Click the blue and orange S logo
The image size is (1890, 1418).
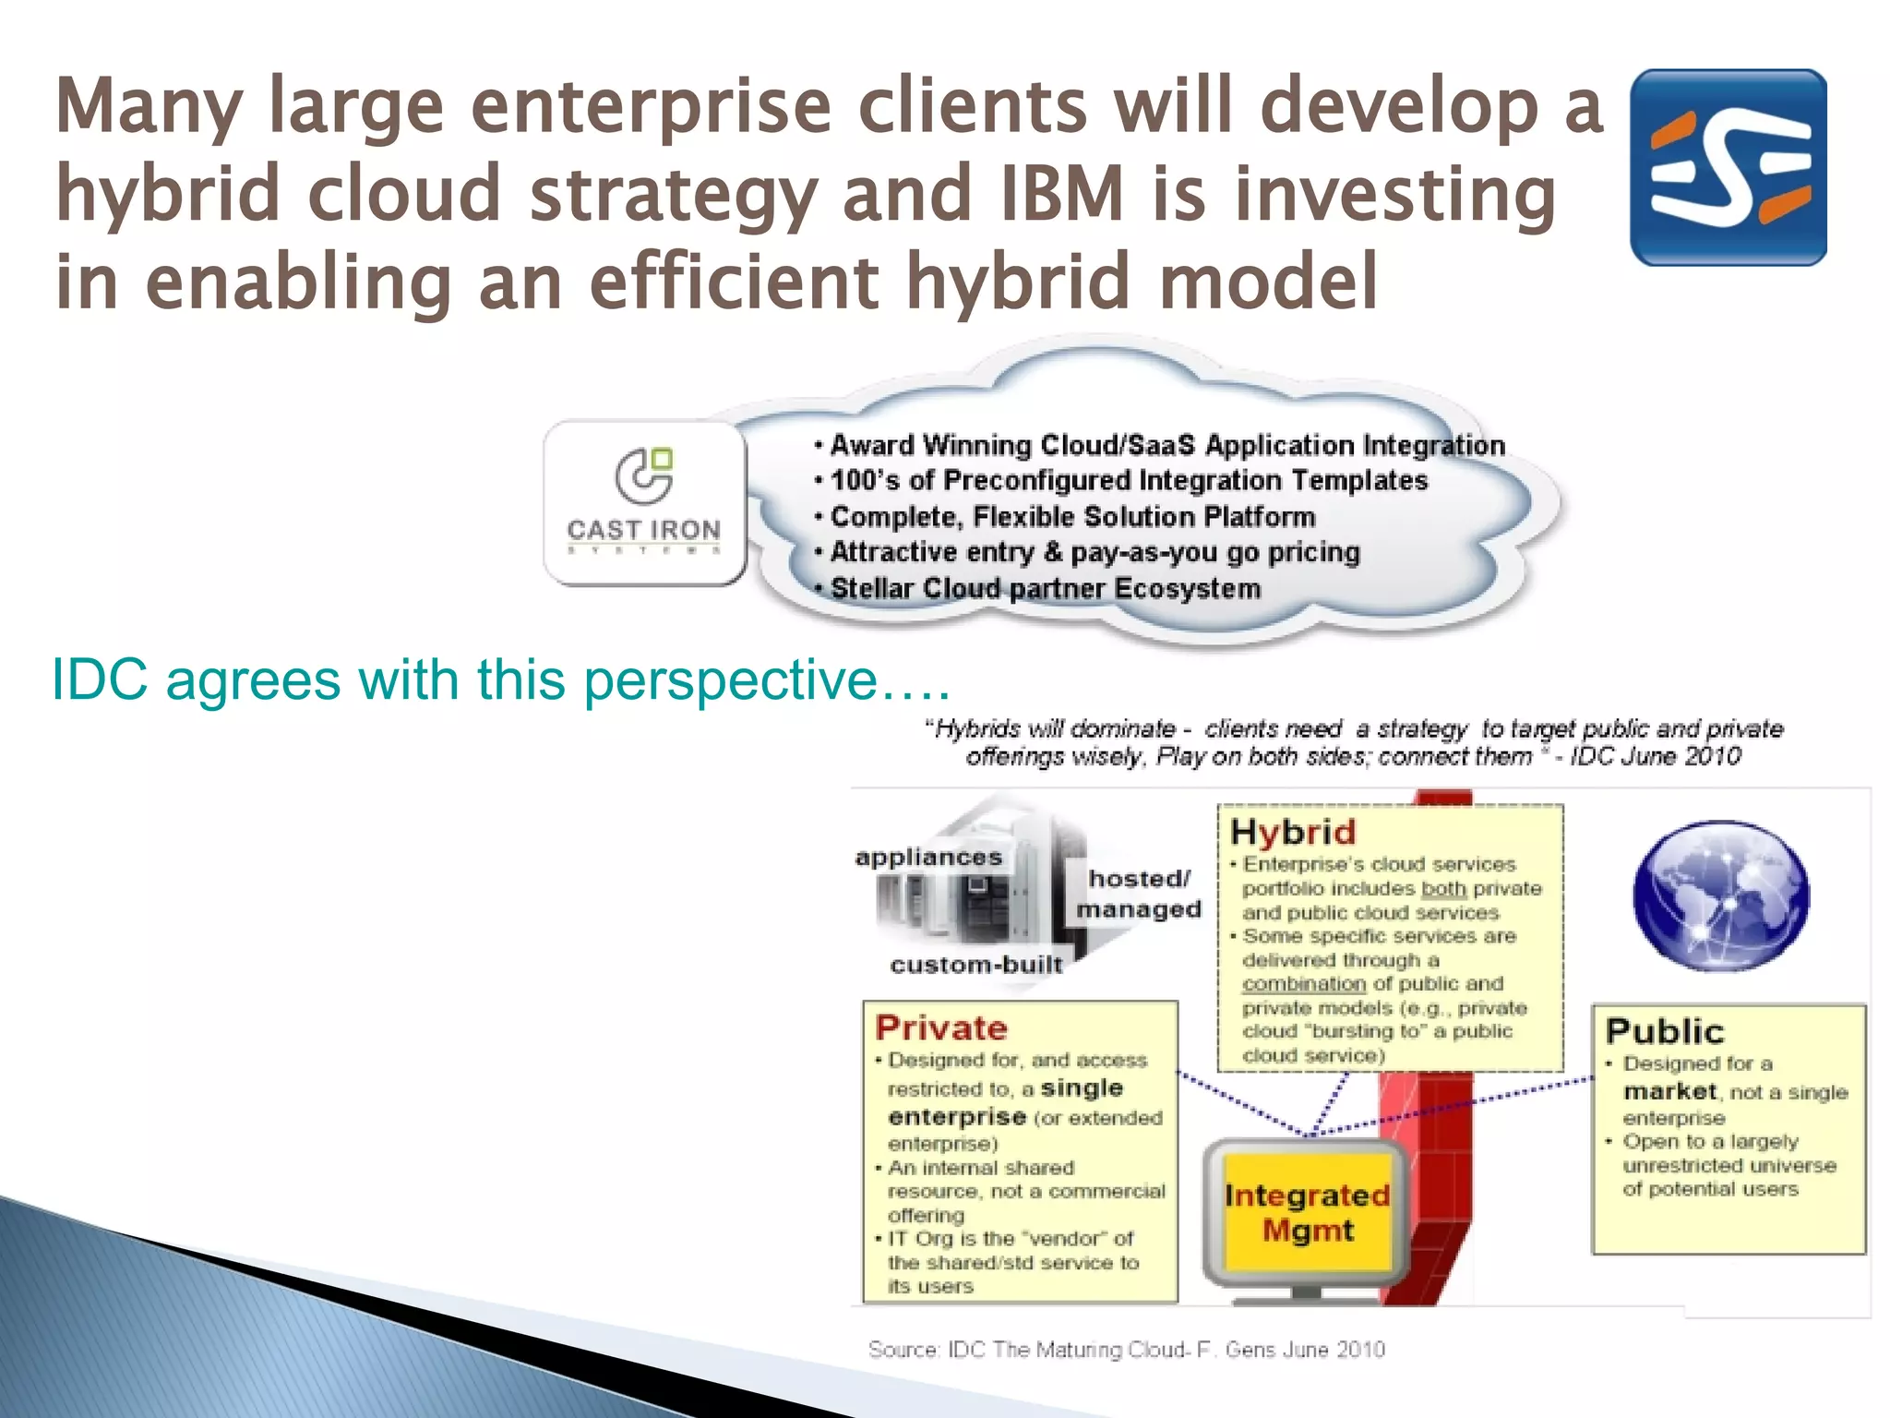1728,167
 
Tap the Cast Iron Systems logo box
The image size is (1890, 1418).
644,503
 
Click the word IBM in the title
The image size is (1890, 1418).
1061,194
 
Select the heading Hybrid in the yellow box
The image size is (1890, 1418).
1293,832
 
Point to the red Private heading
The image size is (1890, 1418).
941,1027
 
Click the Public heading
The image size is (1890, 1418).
1664,1031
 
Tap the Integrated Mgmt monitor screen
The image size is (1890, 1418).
1307,1213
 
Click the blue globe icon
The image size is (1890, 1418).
1721,895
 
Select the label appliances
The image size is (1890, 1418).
928,857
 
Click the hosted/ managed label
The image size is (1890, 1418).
1139,894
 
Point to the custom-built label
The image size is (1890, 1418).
976,965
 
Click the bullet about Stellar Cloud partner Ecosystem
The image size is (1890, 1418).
1044,588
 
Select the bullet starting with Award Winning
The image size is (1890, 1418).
1166,445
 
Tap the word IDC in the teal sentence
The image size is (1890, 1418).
99,680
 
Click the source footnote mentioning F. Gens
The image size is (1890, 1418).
1126,1350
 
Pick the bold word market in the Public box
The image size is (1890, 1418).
1669,1091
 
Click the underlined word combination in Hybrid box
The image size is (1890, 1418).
1303,984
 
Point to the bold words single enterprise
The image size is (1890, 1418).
1006,1102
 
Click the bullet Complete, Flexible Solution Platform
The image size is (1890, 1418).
1071,516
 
